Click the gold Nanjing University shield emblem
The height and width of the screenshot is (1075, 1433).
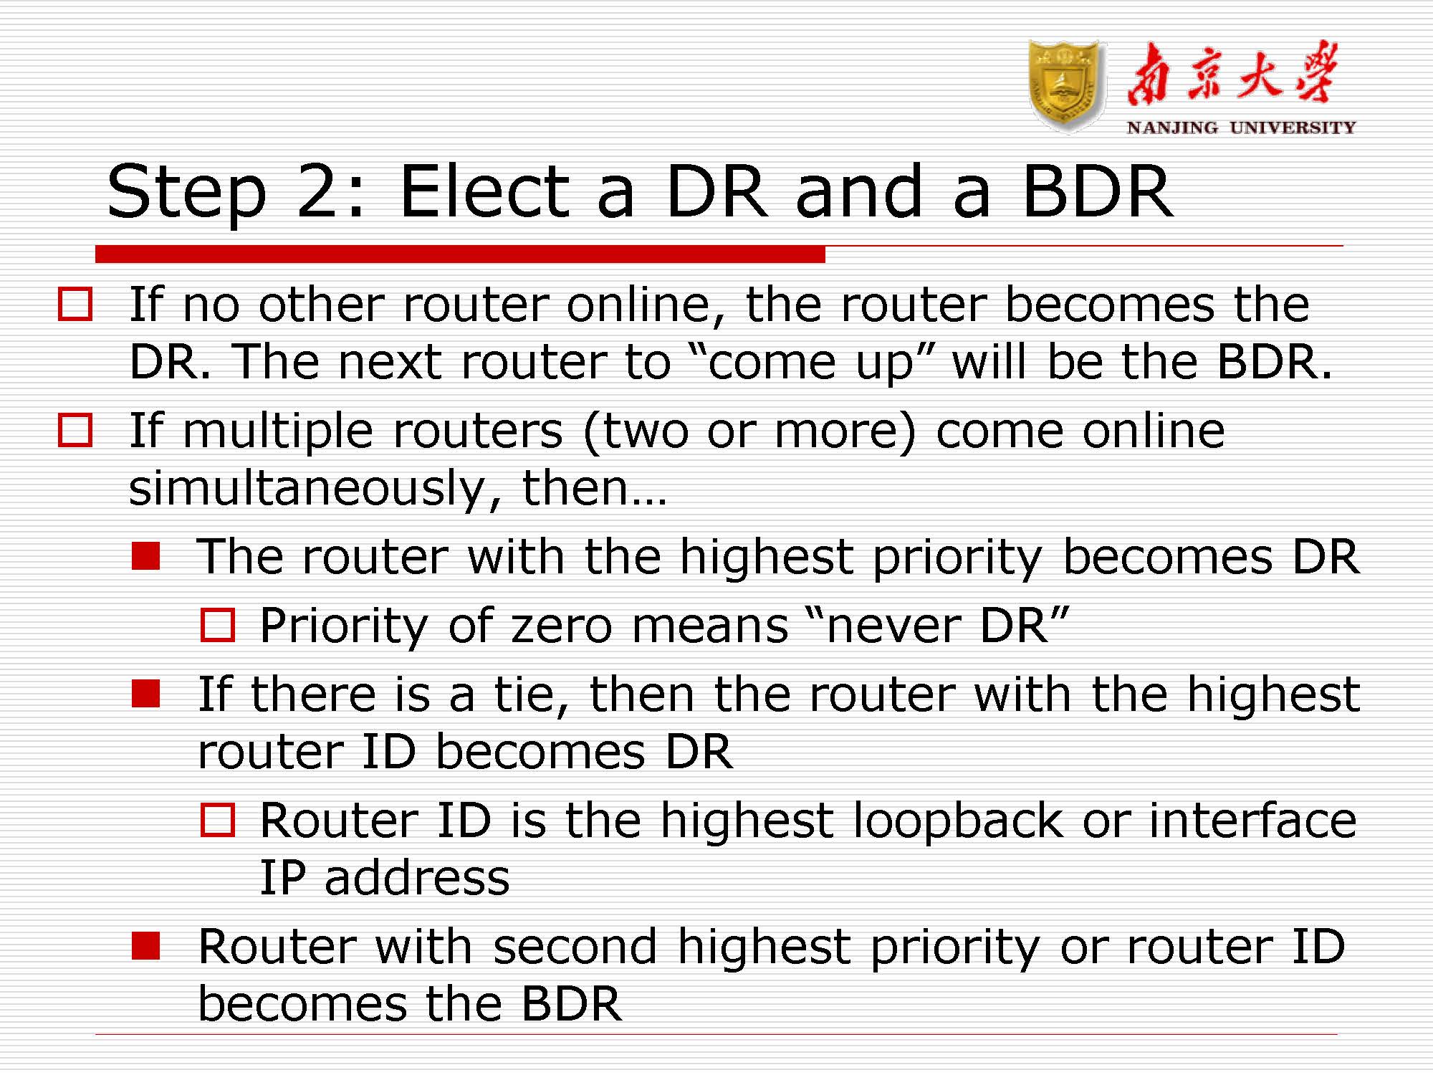tap(1065, 86)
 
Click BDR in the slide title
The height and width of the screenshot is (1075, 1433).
tap(1097, 191)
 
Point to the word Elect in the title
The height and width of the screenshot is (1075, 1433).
tap(484, 191)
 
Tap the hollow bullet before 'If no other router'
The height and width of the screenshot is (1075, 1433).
tap(75, 304)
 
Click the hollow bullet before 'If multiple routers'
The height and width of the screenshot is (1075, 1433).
tap(75, 430)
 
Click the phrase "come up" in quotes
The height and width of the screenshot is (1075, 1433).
tap(810, 363)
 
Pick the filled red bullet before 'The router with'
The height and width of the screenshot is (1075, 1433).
tap(145, 556)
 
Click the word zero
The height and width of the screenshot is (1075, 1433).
tap(561, 626)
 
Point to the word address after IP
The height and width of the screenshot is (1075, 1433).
tap(416, 878)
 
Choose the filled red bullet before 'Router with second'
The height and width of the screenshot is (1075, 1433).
tap(145, 946)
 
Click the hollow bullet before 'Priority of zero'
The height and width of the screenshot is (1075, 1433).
tap(217, 625)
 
